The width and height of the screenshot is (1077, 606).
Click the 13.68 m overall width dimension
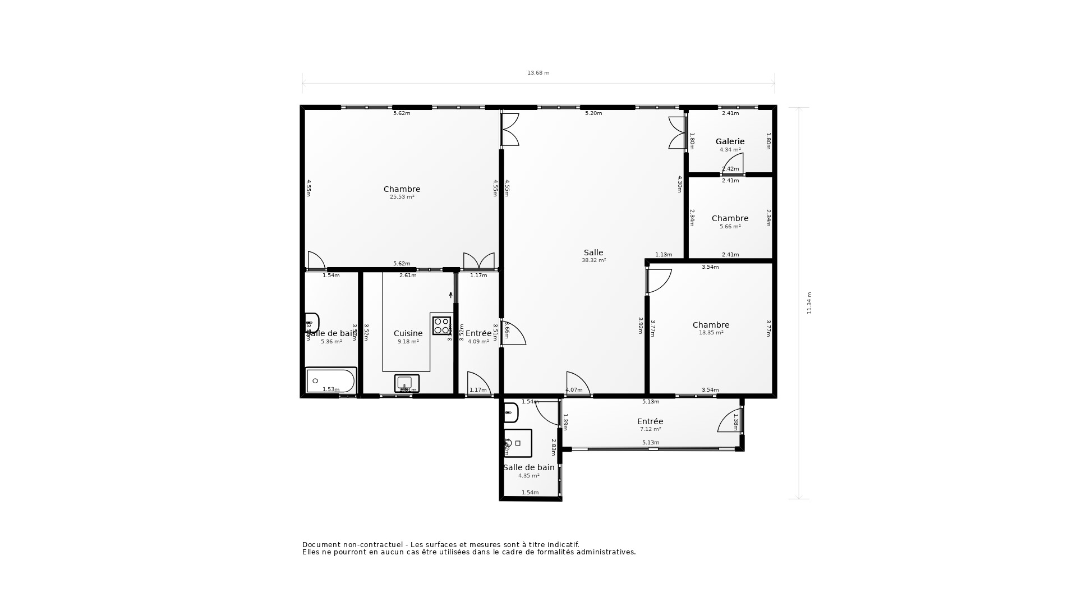pos(538,73)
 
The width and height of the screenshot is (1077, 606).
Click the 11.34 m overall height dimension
pos(809,303)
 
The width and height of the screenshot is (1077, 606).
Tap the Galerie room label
pos(730,141)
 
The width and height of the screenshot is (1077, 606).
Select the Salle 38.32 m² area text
pos(593,260)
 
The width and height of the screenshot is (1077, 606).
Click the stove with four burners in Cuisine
pos(441,325)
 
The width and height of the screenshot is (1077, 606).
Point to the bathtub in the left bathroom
pos(331,381)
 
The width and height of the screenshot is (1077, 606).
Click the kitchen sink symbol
pos(406,383)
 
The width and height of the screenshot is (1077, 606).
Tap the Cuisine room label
pos(408,333)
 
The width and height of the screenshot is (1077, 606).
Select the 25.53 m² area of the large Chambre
pos(402,197)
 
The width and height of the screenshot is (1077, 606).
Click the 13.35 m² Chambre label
pos(711,325)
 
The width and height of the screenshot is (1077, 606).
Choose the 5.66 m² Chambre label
pos(730,219)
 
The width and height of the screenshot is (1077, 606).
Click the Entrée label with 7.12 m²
pos(650,422)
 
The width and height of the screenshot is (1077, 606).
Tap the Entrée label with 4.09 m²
pos(478,334)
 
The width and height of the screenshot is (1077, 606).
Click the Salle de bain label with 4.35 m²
pos(528,467)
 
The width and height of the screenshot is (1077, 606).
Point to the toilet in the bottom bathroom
pos(510,412)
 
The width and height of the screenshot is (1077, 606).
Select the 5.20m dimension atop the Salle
pos(593,113)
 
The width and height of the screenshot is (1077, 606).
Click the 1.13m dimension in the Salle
pos(664,255)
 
